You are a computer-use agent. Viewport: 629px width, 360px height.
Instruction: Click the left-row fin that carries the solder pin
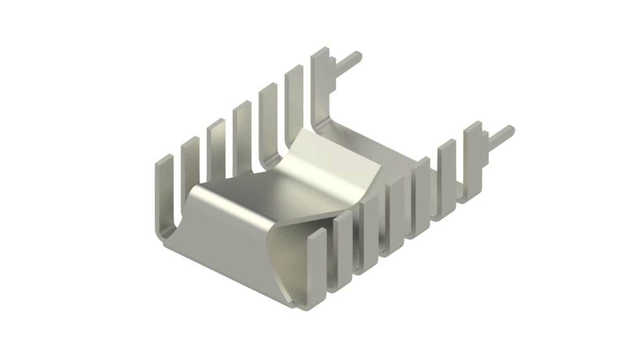tap(321, 77)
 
